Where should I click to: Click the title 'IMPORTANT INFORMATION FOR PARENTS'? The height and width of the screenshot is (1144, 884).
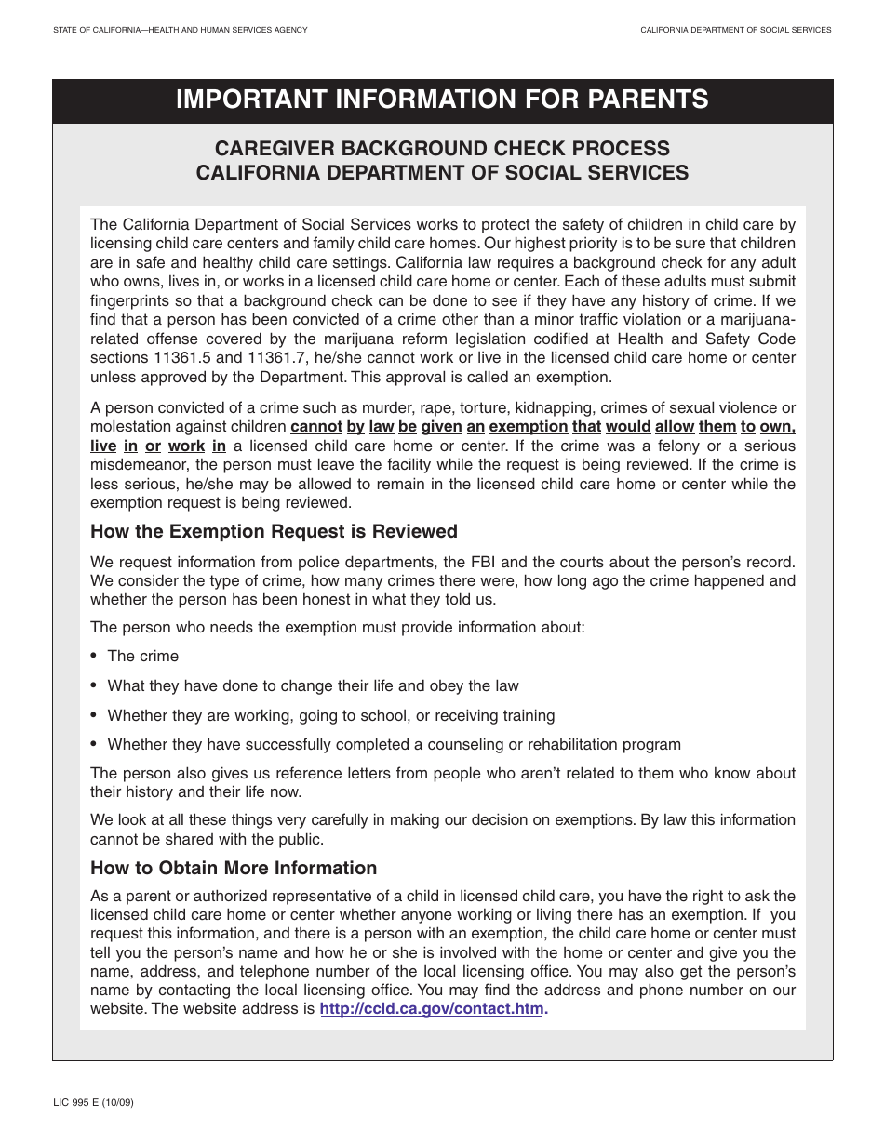pyautogui.click(x=442, y=100)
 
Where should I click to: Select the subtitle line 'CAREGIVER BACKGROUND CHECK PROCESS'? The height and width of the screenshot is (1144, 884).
pyautogui.click(x=442, y=149)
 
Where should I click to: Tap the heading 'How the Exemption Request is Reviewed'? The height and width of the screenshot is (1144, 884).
pyautogui.click(x=274, y=532)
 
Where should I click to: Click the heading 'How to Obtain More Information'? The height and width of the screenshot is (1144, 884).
pyautogui.click(x=234, y=869)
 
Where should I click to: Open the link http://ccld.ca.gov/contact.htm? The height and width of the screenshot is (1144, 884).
pyautogui.click(x=432, y=1009)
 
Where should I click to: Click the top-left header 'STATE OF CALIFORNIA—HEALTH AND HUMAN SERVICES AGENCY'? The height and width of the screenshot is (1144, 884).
pyautogui.click(x=181, y=31)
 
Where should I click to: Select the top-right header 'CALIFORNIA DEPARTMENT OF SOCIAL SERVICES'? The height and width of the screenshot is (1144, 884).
pyautogui.click(x=735, y=31)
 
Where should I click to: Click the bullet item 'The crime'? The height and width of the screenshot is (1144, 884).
pyautogui.click(x=142, y=657)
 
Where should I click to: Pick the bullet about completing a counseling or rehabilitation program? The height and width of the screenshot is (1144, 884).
pyautogui.click(x=394, y=745)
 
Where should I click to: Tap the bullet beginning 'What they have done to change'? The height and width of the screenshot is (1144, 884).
pyautogui.click(x=313, y=686)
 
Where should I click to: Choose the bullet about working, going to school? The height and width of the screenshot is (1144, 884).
pyautogui.click(x=330, y=716)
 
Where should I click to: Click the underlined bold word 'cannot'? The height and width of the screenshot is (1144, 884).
pyautogui.click(x=315, y=427)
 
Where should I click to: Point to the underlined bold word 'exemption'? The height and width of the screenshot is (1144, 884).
pyautogui.click(x=528, y=427)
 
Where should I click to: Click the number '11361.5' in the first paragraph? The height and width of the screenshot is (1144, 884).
pyautogui.click(x=188, y=358)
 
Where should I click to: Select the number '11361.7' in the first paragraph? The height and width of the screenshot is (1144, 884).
pyautogui.click(x=277, y=358)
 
